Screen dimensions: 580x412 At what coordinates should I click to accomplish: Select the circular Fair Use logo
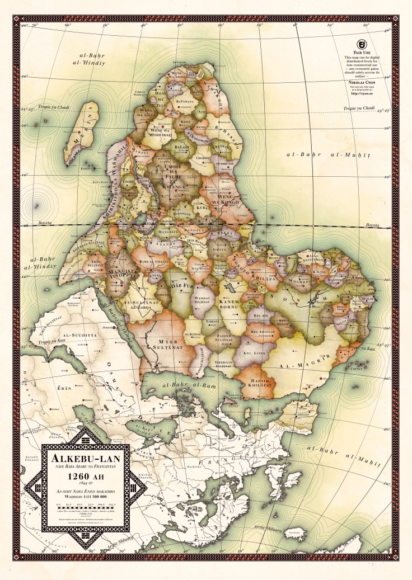coord(363,44)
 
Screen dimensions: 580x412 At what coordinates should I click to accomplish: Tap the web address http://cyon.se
coord(363,93)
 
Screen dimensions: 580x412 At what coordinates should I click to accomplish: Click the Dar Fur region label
coord(181,286)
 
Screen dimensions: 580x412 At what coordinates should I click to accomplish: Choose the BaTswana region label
coord(184,101)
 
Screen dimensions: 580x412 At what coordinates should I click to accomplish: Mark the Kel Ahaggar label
coord(263,332)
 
